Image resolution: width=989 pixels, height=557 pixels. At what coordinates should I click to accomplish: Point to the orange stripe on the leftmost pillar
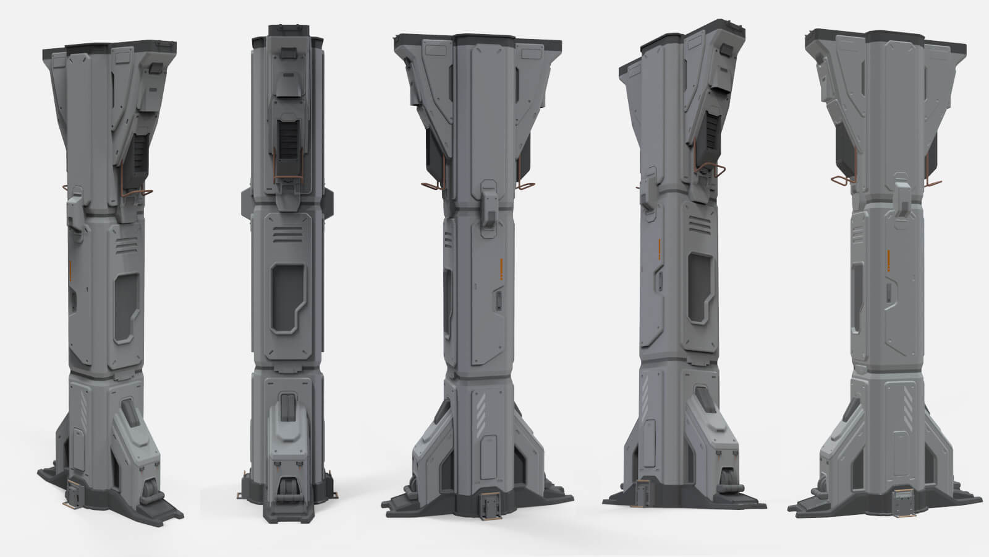point(71,270)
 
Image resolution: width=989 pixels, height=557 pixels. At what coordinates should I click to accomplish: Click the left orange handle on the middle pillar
point(431,185)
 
